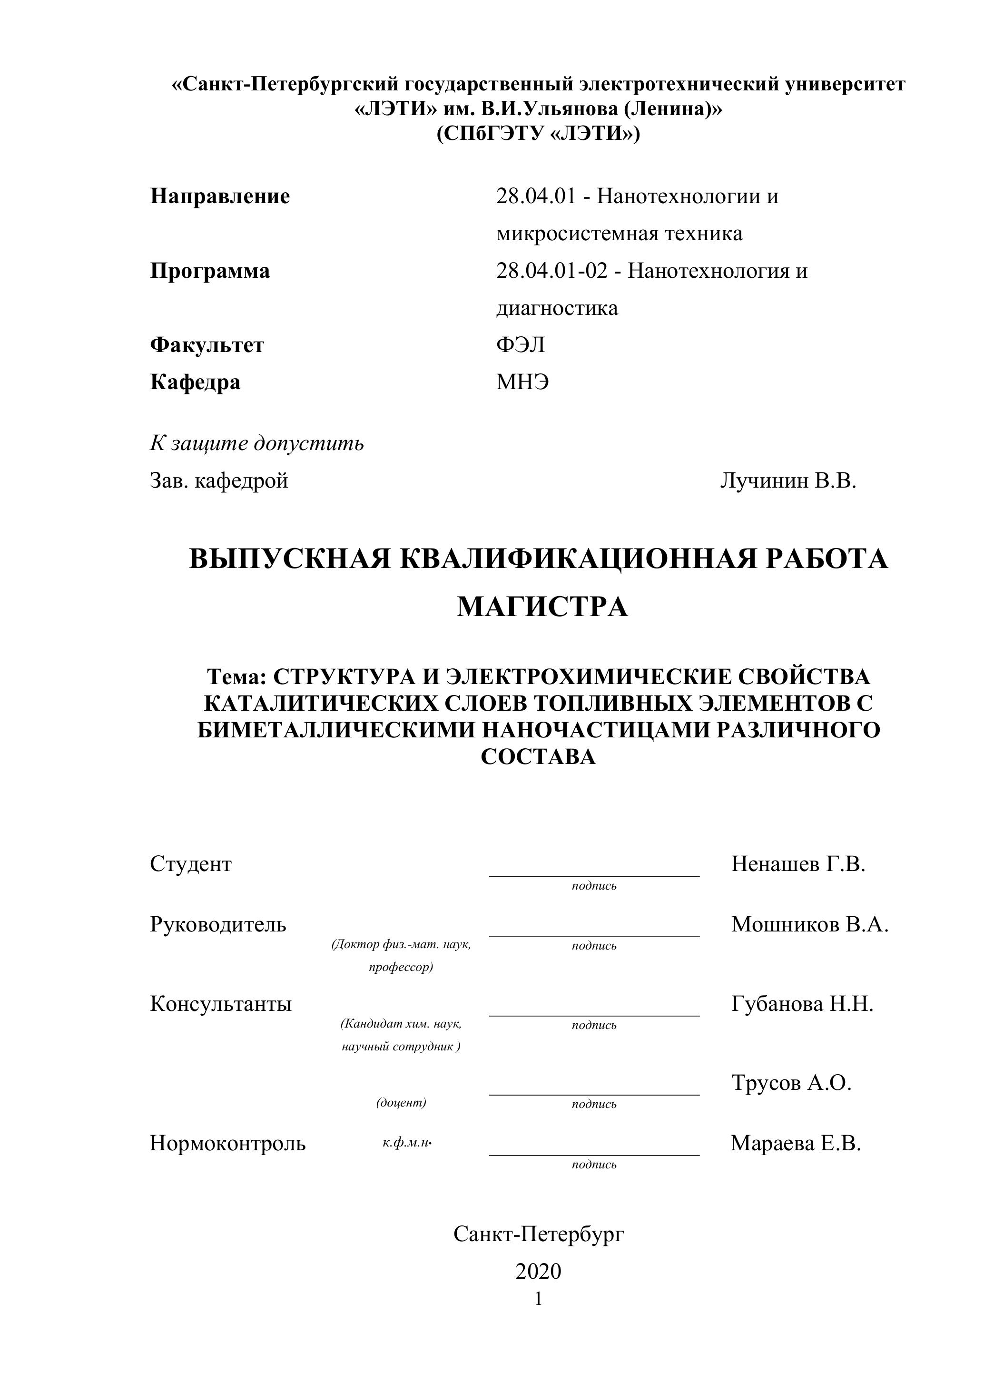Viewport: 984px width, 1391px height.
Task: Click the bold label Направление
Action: [220, 196]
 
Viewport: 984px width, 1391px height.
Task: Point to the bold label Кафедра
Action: [195, 382]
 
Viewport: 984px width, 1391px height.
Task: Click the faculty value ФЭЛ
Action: [521, 345]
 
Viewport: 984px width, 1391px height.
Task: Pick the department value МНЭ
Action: [522, 382]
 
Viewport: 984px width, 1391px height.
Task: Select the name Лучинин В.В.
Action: [787, 481]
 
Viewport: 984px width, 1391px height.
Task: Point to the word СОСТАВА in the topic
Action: [538, 757]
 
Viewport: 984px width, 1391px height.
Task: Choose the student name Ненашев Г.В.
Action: [798, 864]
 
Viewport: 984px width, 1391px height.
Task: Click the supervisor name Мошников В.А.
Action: [809, 924]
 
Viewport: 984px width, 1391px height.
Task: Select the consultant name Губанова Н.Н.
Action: [802, 1004]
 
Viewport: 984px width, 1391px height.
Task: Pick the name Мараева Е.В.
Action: [796, 1143]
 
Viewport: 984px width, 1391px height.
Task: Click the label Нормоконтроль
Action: [228, 1143]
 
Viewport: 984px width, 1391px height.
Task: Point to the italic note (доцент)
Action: [401, 1103]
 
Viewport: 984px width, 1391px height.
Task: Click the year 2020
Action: [538, 1271]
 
